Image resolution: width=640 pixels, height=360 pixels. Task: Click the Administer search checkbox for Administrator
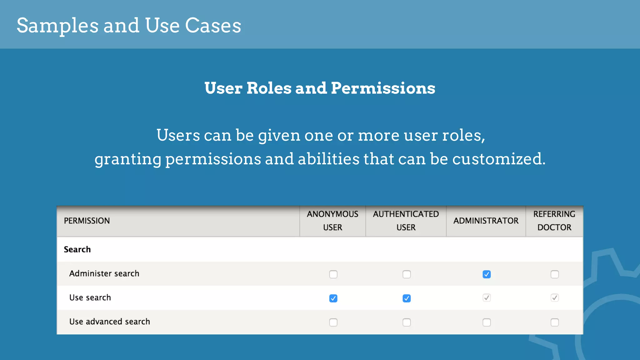pyautogui.click(x=487, y=274)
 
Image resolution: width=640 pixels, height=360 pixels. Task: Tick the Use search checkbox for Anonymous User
pyautogui.click(x=333, y=298)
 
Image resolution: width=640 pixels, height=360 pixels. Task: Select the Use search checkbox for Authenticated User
pyautogui.click(x=407, y=298)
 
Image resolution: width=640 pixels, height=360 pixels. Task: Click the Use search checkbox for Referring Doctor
pyautogui.click(x=555, y=298)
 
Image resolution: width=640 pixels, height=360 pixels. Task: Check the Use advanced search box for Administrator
pyautogui.click(x=487, y=322)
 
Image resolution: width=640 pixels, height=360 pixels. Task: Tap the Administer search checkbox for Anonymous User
pyautogui.click(x=333, y=274)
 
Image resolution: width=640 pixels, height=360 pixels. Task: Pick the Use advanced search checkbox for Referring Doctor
pyautogui.click(x=555, y=322)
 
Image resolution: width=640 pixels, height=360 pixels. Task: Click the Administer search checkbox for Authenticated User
pyautogui.click(x=407, y=274)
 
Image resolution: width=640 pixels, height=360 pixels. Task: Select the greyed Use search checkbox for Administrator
pyautogui.click(x=487, y=298)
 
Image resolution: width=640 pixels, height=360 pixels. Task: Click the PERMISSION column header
pyautogui.click(x=87, y=221)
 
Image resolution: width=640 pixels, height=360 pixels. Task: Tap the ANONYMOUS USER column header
pyautogui.click(x=332, y=221)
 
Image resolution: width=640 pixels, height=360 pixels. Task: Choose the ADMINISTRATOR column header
pyautogui.click(x=486, y=221)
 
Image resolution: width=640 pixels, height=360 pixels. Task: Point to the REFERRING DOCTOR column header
pyautogui.click(x=554, y=221)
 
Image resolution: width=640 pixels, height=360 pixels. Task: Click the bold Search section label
pyautogui.click(x=77, y=249)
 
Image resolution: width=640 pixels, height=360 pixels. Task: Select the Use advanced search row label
pyautogui.click(x=110, y=322)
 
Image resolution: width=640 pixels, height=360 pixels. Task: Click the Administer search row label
pyautogui.click(x=104, y=273)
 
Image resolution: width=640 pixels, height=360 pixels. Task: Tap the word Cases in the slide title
pyautogui.click(x=213, y=26)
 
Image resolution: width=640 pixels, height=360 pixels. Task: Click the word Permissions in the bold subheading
pyautogui.click(x=383, y=88)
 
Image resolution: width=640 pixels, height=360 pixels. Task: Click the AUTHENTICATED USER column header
pyautogui.click(x=406, y=221)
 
